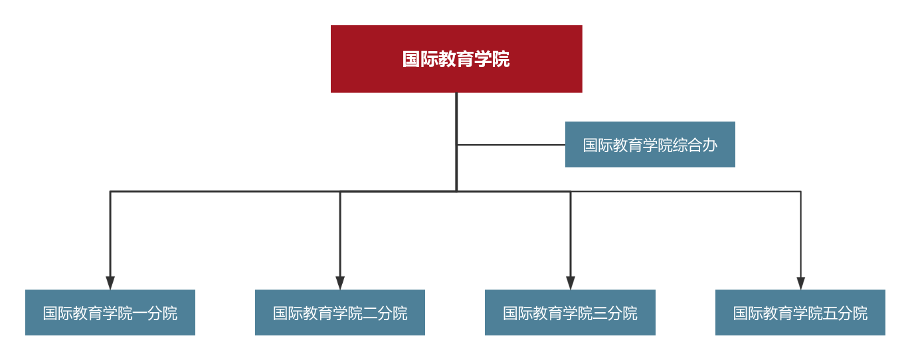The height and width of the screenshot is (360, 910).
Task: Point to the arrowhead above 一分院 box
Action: pyautogui.click(x=110, y=282)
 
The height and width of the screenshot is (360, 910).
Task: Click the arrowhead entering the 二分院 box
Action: pyautogui.click(x=340, y=282)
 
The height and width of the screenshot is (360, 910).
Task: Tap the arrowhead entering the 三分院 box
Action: pyautogui.click(x=570, y=282)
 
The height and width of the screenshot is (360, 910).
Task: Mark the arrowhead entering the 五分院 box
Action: pyautogui.click(x=800, y=282)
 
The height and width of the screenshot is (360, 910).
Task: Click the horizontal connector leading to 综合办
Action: pyautogui.click(x=511, y=145)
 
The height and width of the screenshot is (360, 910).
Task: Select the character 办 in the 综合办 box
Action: pyautogui.click(x=710, y=145)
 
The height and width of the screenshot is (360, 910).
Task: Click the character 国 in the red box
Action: pyautogui.click(x=411, y=59)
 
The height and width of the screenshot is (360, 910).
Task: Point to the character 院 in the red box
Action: pyautogui.click(x=501, y=59)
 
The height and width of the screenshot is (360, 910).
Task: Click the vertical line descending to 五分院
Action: pyautogui.click(x=800, y=232)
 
